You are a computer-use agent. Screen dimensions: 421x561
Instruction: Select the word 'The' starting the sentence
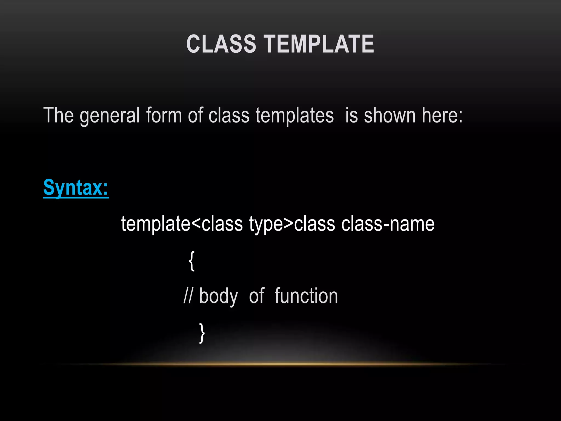[58, 115]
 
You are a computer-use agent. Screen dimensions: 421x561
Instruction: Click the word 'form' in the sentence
[164, 115]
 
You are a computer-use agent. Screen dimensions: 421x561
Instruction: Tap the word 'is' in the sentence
[351, 115]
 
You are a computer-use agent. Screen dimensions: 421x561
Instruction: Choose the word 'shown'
[390, 115]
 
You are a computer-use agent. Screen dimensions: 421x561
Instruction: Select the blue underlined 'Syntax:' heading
[76, 188]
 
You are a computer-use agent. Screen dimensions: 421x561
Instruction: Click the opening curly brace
[192, 261]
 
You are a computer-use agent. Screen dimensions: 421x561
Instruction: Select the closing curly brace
[202, 333]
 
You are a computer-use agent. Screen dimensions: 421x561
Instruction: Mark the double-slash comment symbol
[188, 296]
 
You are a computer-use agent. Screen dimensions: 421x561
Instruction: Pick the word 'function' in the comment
[306, 296]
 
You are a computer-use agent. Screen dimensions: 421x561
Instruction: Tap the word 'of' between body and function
[256, 296]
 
